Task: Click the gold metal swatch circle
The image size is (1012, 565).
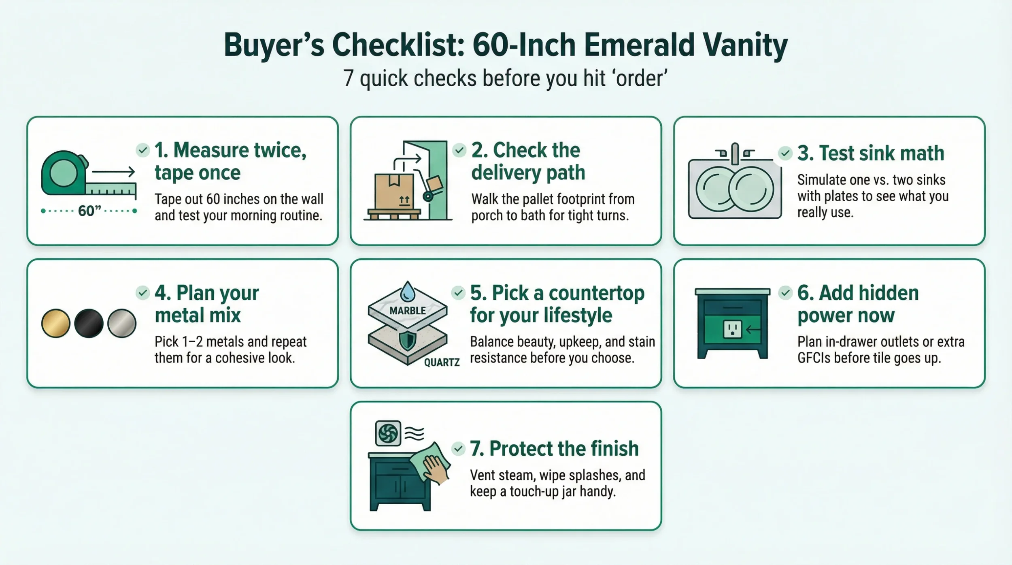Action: pos(56,323)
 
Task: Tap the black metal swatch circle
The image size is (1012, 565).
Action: pos(89,323)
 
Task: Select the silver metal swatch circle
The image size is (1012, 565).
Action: pos(122,323)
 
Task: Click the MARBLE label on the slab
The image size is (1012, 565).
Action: pos(407,311)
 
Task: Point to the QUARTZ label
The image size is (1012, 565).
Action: pos(442,362)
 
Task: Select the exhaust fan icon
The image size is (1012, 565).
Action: pos(388,433)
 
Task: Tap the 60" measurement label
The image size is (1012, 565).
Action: pos(89,211)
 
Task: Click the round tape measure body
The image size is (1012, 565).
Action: pos(63,173)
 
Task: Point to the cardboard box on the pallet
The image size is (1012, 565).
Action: pos(394,191)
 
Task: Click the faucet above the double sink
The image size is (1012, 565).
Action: pos(735,154)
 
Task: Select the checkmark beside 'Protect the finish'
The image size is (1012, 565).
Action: pos(458,449)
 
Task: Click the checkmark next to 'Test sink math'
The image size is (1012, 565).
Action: pos(785,153)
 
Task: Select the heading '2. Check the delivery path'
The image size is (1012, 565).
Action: pos(528,161)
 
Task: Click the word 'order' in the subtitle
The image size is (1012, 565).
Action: pos(641,78)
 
